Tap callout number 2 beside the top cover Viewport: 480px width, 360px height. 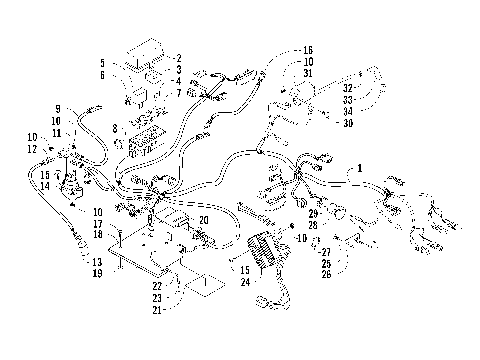[x=178, y=58]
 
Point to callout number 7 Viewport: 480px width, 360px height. [x=178, y=93]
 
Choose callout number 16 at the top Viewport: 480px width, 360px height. [x=308, y=50]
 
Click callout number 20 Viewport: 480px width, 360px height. [x=203, y=220]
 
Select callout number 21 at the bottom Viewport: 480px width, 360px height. [x=157, y=310]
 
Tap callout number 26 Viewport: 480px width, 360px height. [x=326, y=275]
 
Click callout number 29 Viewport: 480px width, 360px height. [x=313, y=214]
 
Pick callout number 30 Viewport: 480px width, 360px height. [x=348, y=123]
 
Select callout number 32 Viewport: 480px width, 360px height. [x=348, y=75]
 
